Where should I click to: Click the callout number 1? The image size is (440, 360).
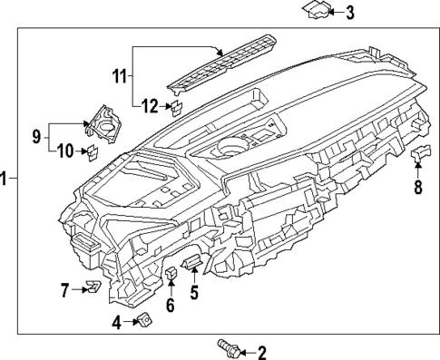tap(5, 179)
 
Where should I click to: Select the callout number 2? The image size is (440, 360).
tap(262, 353)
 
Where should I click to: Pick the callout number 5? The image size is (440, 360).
tap(193, 292)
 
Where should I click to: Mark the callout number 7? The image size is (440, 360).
tap(65, 290)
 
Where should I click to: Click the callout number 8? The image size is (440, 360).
tap(418, 189)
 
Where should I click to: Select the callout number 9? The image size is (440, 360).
tap(37, 138)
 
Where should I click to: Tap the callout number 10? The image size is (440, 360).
tap(65, 151)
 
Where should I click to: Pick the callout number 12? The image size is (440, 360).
tap(149, 108)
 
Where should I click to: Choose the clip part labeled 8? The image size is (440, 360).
tap(419, 158)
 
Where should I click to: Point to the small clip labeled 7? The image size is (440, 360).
tap(92, 288)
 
